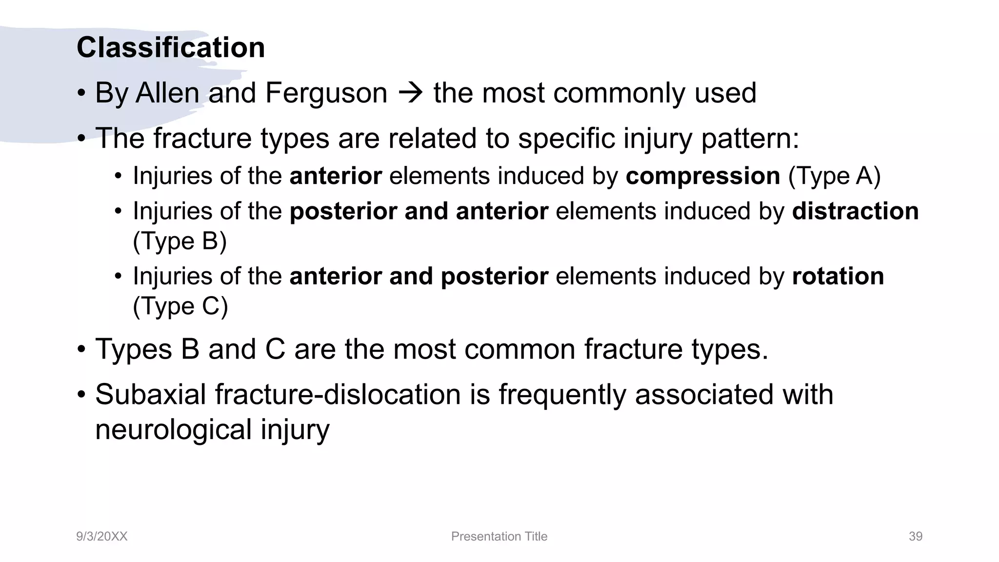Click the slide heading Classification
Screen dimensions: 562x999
coord(171,48)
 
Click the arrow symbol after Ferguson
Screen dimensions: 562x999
coord(410,93)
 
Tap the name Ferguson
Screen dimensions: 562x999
coord(326,93)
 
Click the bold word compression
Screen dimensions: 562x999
coord(703,176)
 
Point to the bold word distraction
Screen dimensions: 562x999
coord(855,211)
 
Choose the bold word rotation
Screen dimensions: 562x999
coord(838,276)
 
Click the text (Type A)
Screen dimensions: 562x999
coord(834,176)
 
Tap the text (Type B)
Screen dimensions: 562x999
coord(180,241)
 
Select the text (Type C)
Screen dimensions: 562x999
coord(180,306)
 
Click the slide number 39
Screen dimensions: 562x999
coord(915,536)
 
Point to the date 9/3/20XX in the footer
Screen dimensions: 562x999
coord(101,536)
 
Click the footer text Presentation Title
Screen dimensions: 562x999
coord(499,536)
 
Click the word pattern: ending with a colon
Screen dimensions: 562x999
coord(750,139)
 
